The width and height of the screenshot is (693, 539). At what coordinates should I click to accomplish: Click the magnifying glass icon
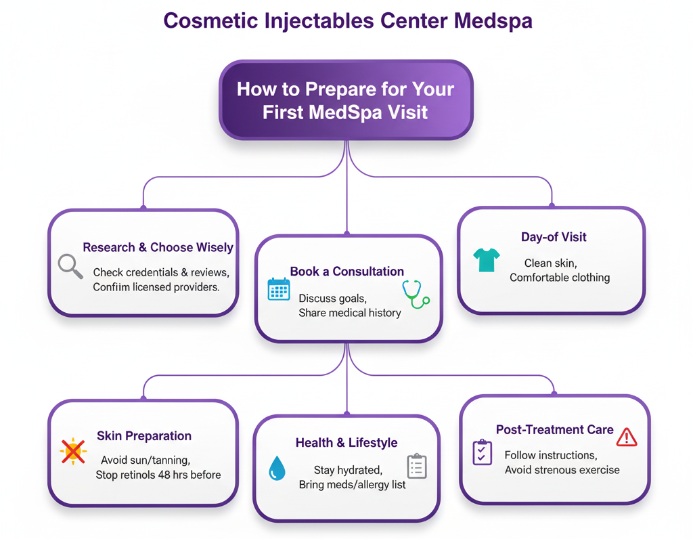pos(70,265)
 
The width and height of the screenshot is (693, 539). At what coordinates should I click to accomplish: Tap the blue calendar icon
pos(279,289)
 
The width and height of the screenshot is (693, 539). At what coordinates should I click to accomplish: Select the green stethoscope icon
pos(415,295)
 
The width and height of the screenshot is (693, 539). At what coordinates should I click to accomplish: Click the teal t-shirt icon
pos(487,259)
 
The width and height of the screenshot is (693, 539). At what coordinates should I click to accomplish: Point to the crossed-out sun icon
pos(73,451)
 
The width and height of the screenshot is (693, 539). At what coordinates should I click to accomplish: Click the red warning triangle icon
pos(627,437)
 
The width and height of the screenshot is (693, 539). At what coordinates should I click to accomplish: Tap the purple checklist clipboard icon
pos(482,452)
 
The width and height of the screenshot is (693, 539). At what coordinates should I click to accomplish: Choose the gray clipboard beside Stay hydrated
pos(416,466)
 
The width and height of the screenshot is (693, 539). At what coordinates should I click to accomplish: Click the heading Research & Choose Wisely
pos(158,248)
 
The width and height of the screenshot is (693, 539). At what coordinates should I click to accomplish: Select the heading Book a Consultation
pos(346,272)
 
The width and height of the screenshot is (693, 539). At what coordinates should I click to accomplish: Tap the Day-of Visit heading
pos(554,237)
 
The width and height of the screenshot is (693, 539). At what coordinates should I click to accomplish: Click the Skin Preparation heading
pos(144,436)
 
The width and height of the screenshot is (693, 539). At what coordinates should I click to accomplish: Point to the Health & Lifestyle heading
pos(346,443)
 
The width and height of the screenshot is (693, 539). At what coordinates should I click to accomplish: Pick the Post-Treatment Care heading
pos(554,430)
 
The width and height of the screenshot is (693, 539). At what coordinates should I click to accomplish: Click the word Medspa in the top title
pos(493,20)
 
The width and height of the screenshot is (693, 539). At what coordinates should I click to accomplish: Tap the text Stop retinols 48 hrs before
pos(158,475)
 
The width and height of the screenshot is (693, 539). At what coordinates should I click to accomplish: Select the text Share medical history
pos(350,313)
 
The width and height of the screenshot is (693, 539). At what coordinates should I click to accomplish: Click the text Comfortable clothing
pos(560,278)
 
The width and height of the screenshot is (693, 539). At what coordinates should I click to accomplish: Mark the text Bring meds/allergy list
pos(353,485)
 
